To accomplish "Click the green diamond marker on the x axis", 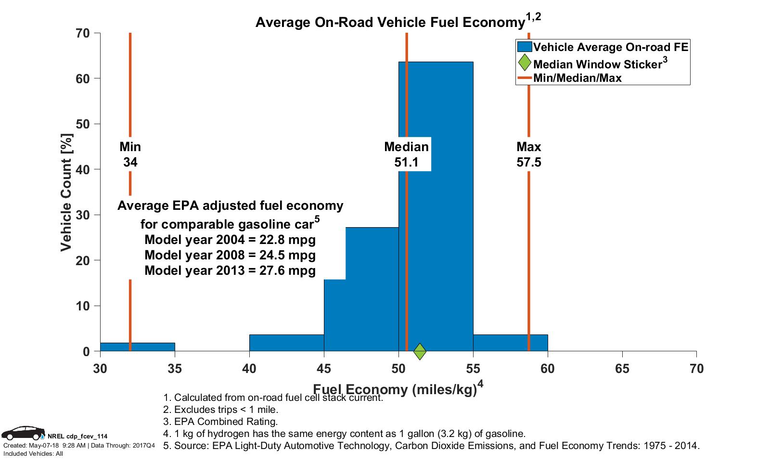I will (x=420, y=351).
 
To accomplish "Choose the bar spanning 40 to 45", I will (x=286, y=343).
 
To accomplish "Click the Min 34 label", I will (x=130, y=154).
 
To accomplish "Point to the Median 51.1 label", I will (x=406, y=154).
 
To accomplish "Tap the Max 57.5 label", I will (x=528, y=154).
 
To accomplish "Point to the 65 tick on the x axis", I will (x=622, y=369).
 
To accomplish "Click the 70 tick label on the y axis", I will (x=83, y=33).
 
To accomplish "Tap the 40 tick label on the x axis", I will (x=249, y=369).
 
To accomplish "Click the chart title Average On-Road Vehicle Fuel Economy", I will (x=390, y=22).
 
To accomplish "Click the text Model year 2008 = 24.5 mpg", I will (x=230, y=255).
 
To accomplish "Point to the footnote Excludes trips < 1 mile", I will (x=221, y=410).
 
